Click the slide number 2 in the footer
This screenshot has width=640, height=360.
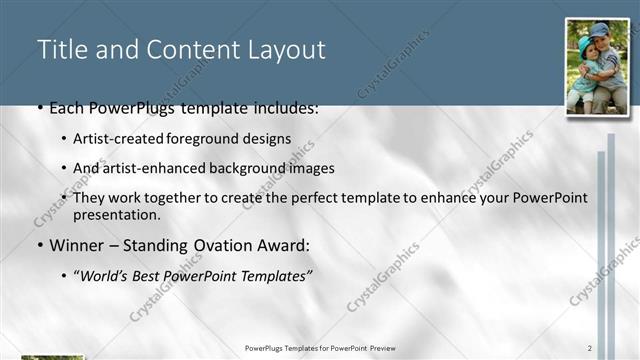tap(590, 347)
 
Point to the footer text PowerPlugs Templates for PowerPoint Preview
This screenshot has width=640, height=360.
tap(320, 347)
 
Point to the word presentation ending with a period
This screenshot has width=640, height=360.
tap(116, 214)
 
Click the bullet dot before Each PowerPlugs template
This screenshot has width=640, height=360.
tap(39, 107)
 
